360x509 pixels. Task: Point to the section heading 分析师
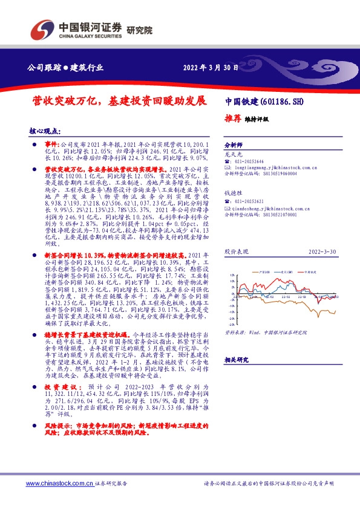click(x=233, y=146)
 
